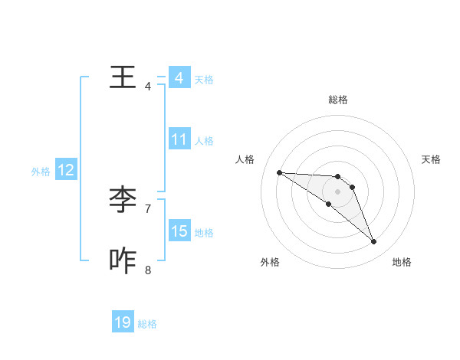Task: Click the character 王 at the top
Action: click(x=123, y=77)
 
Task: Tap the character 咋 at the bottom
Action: click(x=123, y=261)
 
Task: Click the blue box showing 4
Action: click(x=179, y=78)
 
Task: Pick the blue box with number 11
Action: click(x=179, y=139)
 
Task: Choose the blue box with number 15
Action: click(x=179, y=231)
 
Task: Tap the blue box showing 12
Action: click(x=66, y=170)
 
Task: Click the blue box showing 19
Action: click(x=123, y=322)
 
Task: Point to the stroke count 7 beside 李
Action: click(x=148, y=208)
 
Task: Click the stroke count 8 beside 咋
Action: click(x=148, y=270)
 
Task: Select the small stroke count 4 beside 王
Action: click(x=148, y=86)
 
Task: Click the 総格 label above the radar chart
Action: click(x=338, y=100)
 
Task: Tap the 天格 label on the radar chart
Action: click(x=432, y=159)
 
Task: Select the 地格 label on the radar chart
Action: click(x=402, y=262)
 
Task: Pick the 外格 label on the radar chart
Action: click(x=270, y=262)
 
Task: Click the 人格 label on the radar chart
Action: click(x=245, y=159)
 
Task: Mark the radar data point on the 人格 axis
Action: click(x=279, y=172)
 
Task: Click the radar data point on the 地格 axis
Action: click(x=374, y=242)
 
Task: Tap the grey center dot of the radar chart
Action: click(x=338, y=191)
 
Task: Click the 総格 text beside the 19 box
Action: click(x=147, y=324)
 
